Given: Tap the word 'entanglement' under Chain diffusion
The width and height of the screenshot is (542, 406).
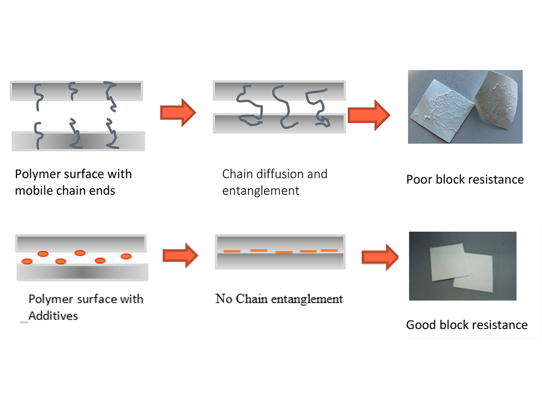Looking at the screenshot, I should pos(261,191).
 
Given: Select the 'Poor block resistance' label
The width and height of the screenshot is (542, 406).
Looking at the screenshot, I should pos(465,179).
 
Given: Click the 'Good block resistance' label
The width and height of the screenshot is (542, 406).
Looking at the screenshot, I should pos(466,325).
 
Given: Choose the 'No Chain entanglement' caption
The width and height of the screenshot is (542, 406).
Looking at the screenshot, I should pos(279,299).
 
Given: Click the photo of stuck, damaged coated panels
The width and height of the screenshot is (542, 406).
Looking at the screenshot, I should pos(465,106).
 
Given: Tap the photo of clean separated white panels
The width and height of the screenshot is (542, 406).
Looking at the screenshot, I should pos(463,266).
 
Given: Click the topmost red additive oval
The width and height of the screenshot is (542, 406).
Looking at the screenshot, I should pos(80,253).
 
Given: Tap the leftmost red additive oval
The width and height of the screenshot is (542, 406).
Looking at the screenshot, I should pos(27,262).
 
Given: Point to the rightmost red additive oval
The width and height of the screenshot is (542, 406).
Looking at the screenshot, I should pos(126,256).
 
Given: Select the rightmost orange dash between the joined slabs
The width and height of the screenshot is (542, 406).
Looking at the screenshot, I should pos(329,251).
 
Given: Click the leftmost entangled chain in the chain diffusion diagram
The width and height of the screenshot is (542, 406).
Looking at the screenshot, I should pos(249,105).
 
